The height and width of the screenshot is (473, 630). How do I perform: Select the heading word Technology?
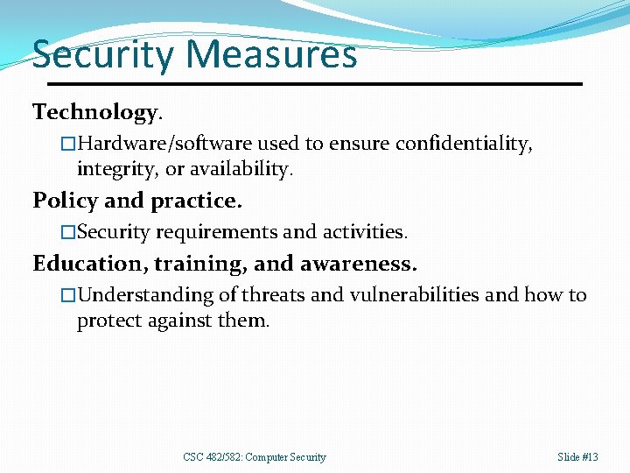click(x=95, y=113)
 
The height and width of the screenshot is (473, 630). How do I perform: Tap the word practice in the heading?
click(x=195, y=201)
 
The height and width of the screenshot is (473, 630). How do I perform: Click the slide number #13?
click(x=590, y=457)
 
